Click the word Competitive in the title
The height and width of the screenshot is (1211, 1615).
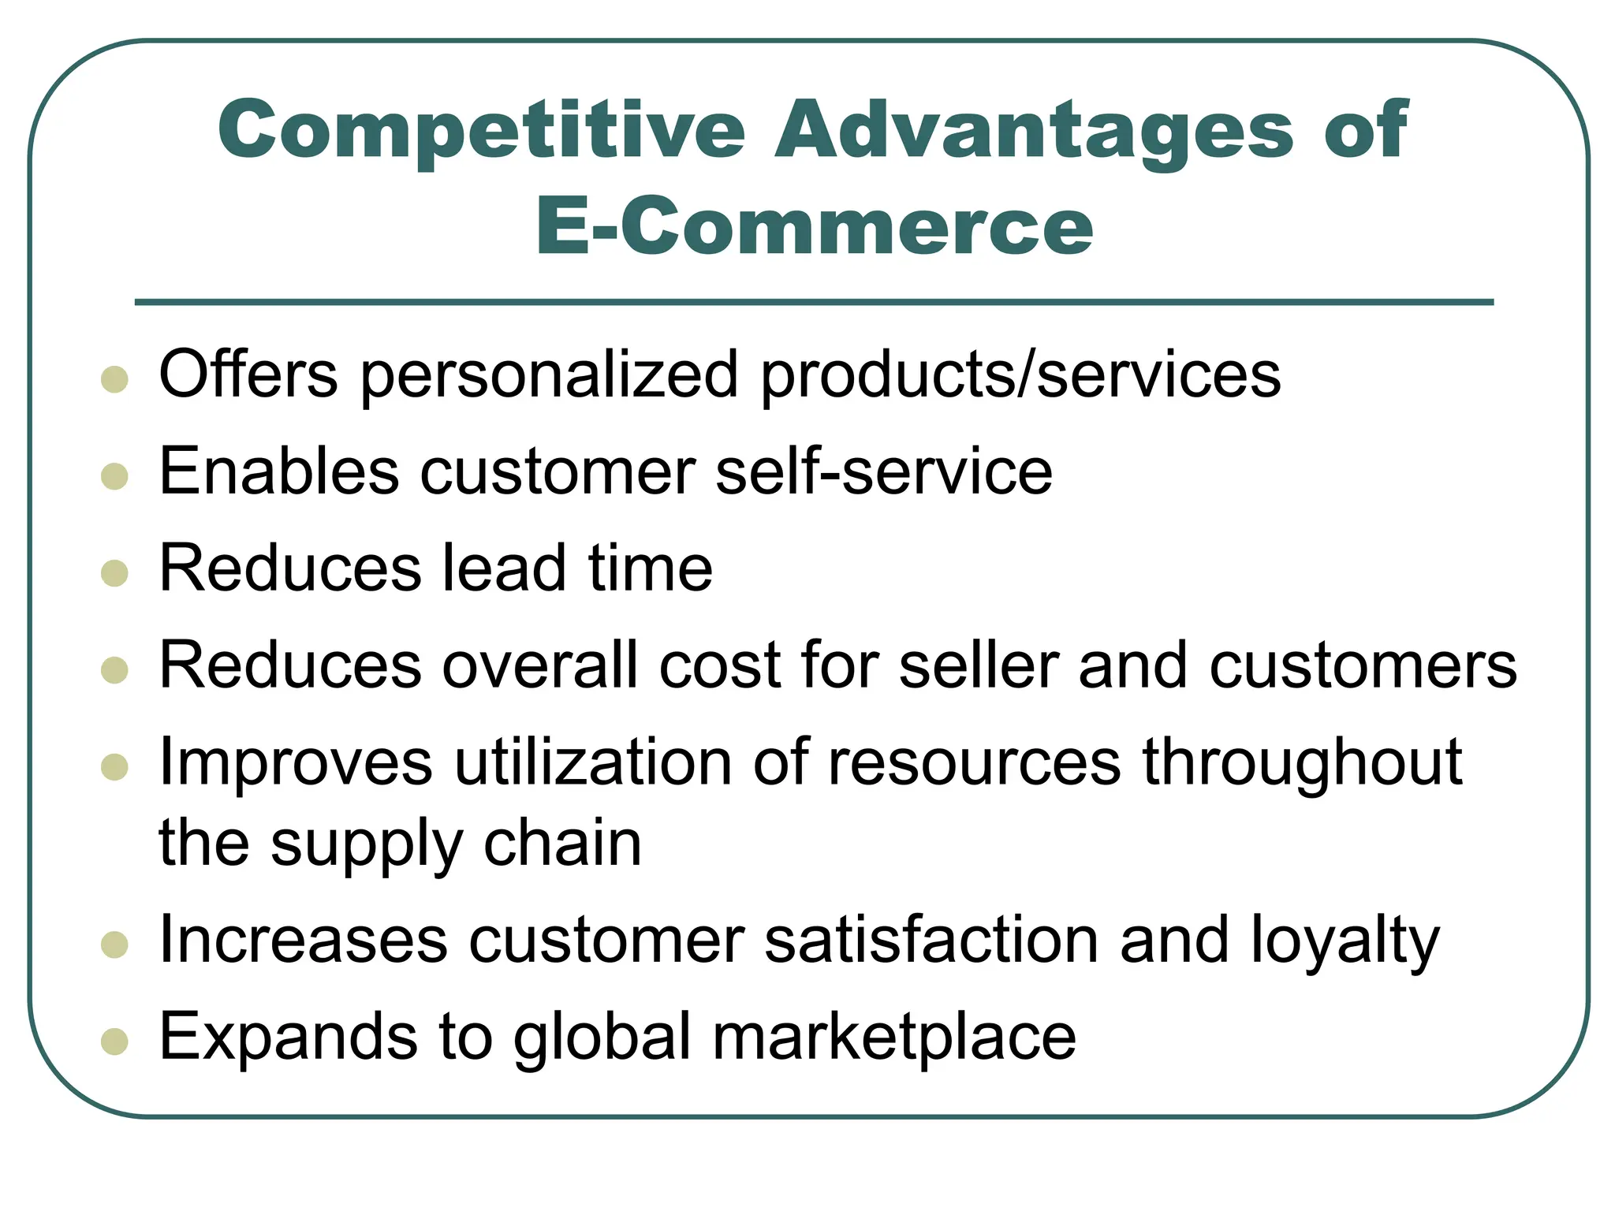tap(481, 130)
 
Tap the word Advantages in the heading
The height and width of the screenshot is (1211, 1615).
tap(1034, 130)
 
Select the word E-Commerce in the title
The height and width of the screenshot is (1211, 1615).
tap(814, 227)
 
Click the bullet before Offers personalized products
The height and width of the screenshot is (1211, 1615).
tap(115, 379)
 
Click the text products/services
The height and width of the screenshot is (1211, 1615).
tap(1020, 374)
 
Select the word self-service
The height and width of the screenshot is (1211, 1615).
tap(884, 471)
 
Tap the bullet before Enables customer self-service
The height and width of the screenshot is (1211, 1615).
tap(115, 476)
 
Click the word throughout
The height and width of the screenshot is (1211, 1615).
tap(1302, 762)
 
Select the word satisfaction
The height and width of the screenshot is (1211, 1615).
tap(931, 941)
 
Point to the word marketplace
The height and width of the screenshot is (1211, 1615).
tap(894, 1037)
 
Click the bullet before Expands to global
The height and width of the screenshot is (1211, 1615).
tap(115, 1041)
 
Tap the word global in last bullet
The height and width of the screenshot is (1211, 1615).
tap(602, 1037)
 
